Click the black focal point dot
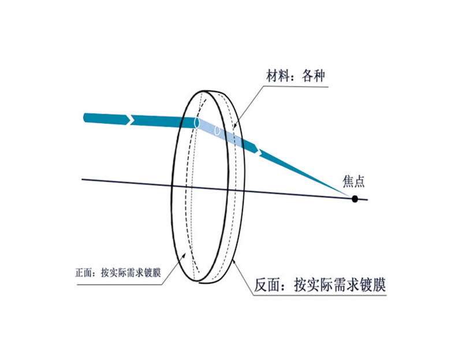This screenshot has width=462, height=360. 355,199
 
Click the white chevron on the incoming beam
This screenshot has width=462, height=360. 132,119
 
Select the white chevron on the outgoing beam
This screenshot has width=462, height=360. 259,151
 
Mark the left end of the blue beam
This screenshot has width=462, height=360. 85,118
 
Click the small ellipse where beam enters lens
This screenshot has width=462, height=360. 198,123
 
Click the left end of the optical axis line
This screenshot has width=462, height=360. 83,179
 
